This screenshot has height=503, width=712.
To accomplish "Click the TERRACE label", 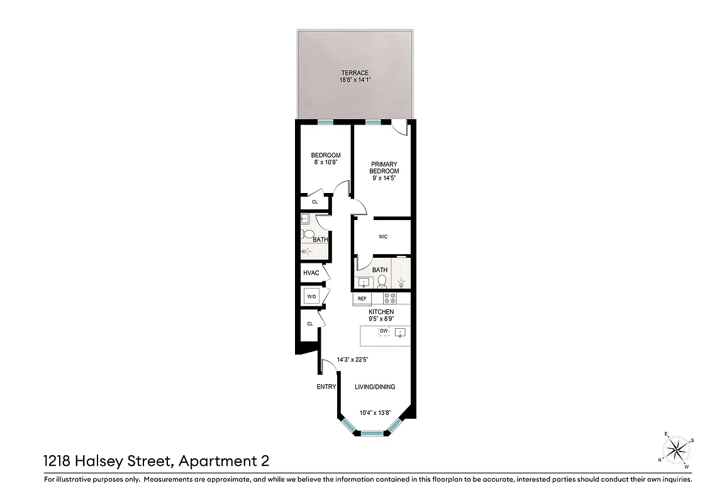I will click(x=355, y=73).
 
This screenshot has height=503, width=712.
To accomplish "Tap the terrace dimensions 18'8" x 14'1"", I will click(x=355, y=80).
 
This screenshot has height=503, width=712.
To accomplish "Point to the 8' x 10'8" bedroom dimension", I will click(x=326, y=163).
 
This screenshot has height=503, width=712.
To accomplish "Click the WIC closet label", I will click(x=383, y=237).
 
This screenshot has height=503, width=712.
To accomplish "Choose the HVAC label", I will click(x=311, y=273).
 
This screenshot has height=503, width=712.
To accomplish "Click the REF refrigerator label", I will click(x=362, y=299).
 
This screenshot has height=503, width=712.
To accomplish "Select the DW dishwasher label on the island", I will click(x=383, y=331).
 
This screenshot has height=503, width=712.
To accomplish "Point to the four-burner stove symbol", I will click(x=390, y=299).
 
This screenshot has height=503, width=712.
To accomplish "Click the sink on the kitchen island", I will click(x=400, y=333).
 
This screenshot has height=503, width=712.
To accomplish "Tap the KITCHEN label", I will click(x=381, y=312).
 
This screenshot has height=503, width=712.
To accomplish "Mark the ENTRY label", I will click(x=326, y=387).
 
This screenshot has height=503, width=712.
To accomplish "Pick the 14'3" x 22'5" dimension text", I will click(x=352, y=360).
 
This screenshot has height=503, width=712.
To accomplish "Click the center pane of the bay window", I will click(x=372, y=433).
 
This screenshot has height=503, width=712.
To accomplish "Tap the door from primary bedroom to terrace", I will click(x=399, y=129).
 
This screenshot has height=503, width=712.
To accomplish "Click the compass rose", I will click(x=677, y=449).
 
